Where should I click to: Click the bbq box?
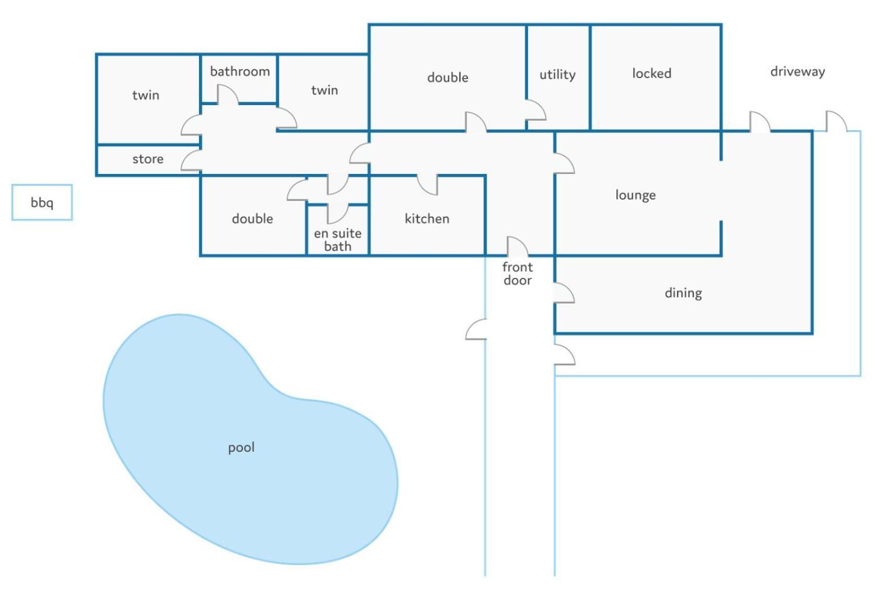tap(42, 203)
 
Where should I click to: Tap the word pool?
tap(241, 447)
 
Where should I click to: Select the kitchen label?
tap(427, 218)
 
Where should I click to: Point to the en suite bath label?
tap(338, 240)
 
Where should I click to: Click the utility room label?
tap(558, 74)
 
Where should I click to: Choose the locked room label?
tap(652, 73)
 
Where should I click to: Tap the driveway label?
tap(798, 71)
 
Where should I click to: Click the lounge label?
tap(636, 195)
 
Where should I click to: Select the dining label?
tap(684, 293)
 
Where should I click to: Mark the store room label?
tap(148, 159)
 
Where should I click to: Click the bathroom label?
tap(240, 71)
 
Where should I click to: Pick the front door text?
tap(518, 273)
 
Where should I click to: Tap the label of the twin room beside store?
tap(146, 95)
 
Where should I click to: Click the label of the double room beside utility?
tap(448, 78)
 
